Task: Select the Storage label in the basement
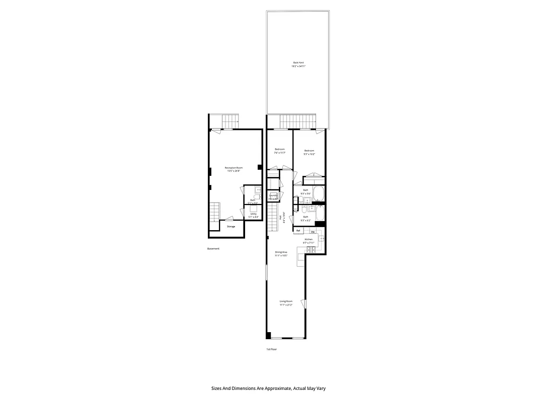pos(231,227)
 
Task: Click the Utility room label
pos(253,214)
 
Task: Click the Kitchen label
pos(309,239)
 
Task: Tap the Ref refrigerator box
pos(298,231)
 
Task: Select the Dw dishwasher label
pos(313,232)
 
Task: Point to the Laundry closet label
pos(273,196)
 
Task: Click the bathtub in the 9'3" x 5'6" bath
pos(319,193)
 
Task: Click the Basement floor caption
pos(213,249)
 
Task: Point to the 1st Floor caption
pos(271,349)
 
